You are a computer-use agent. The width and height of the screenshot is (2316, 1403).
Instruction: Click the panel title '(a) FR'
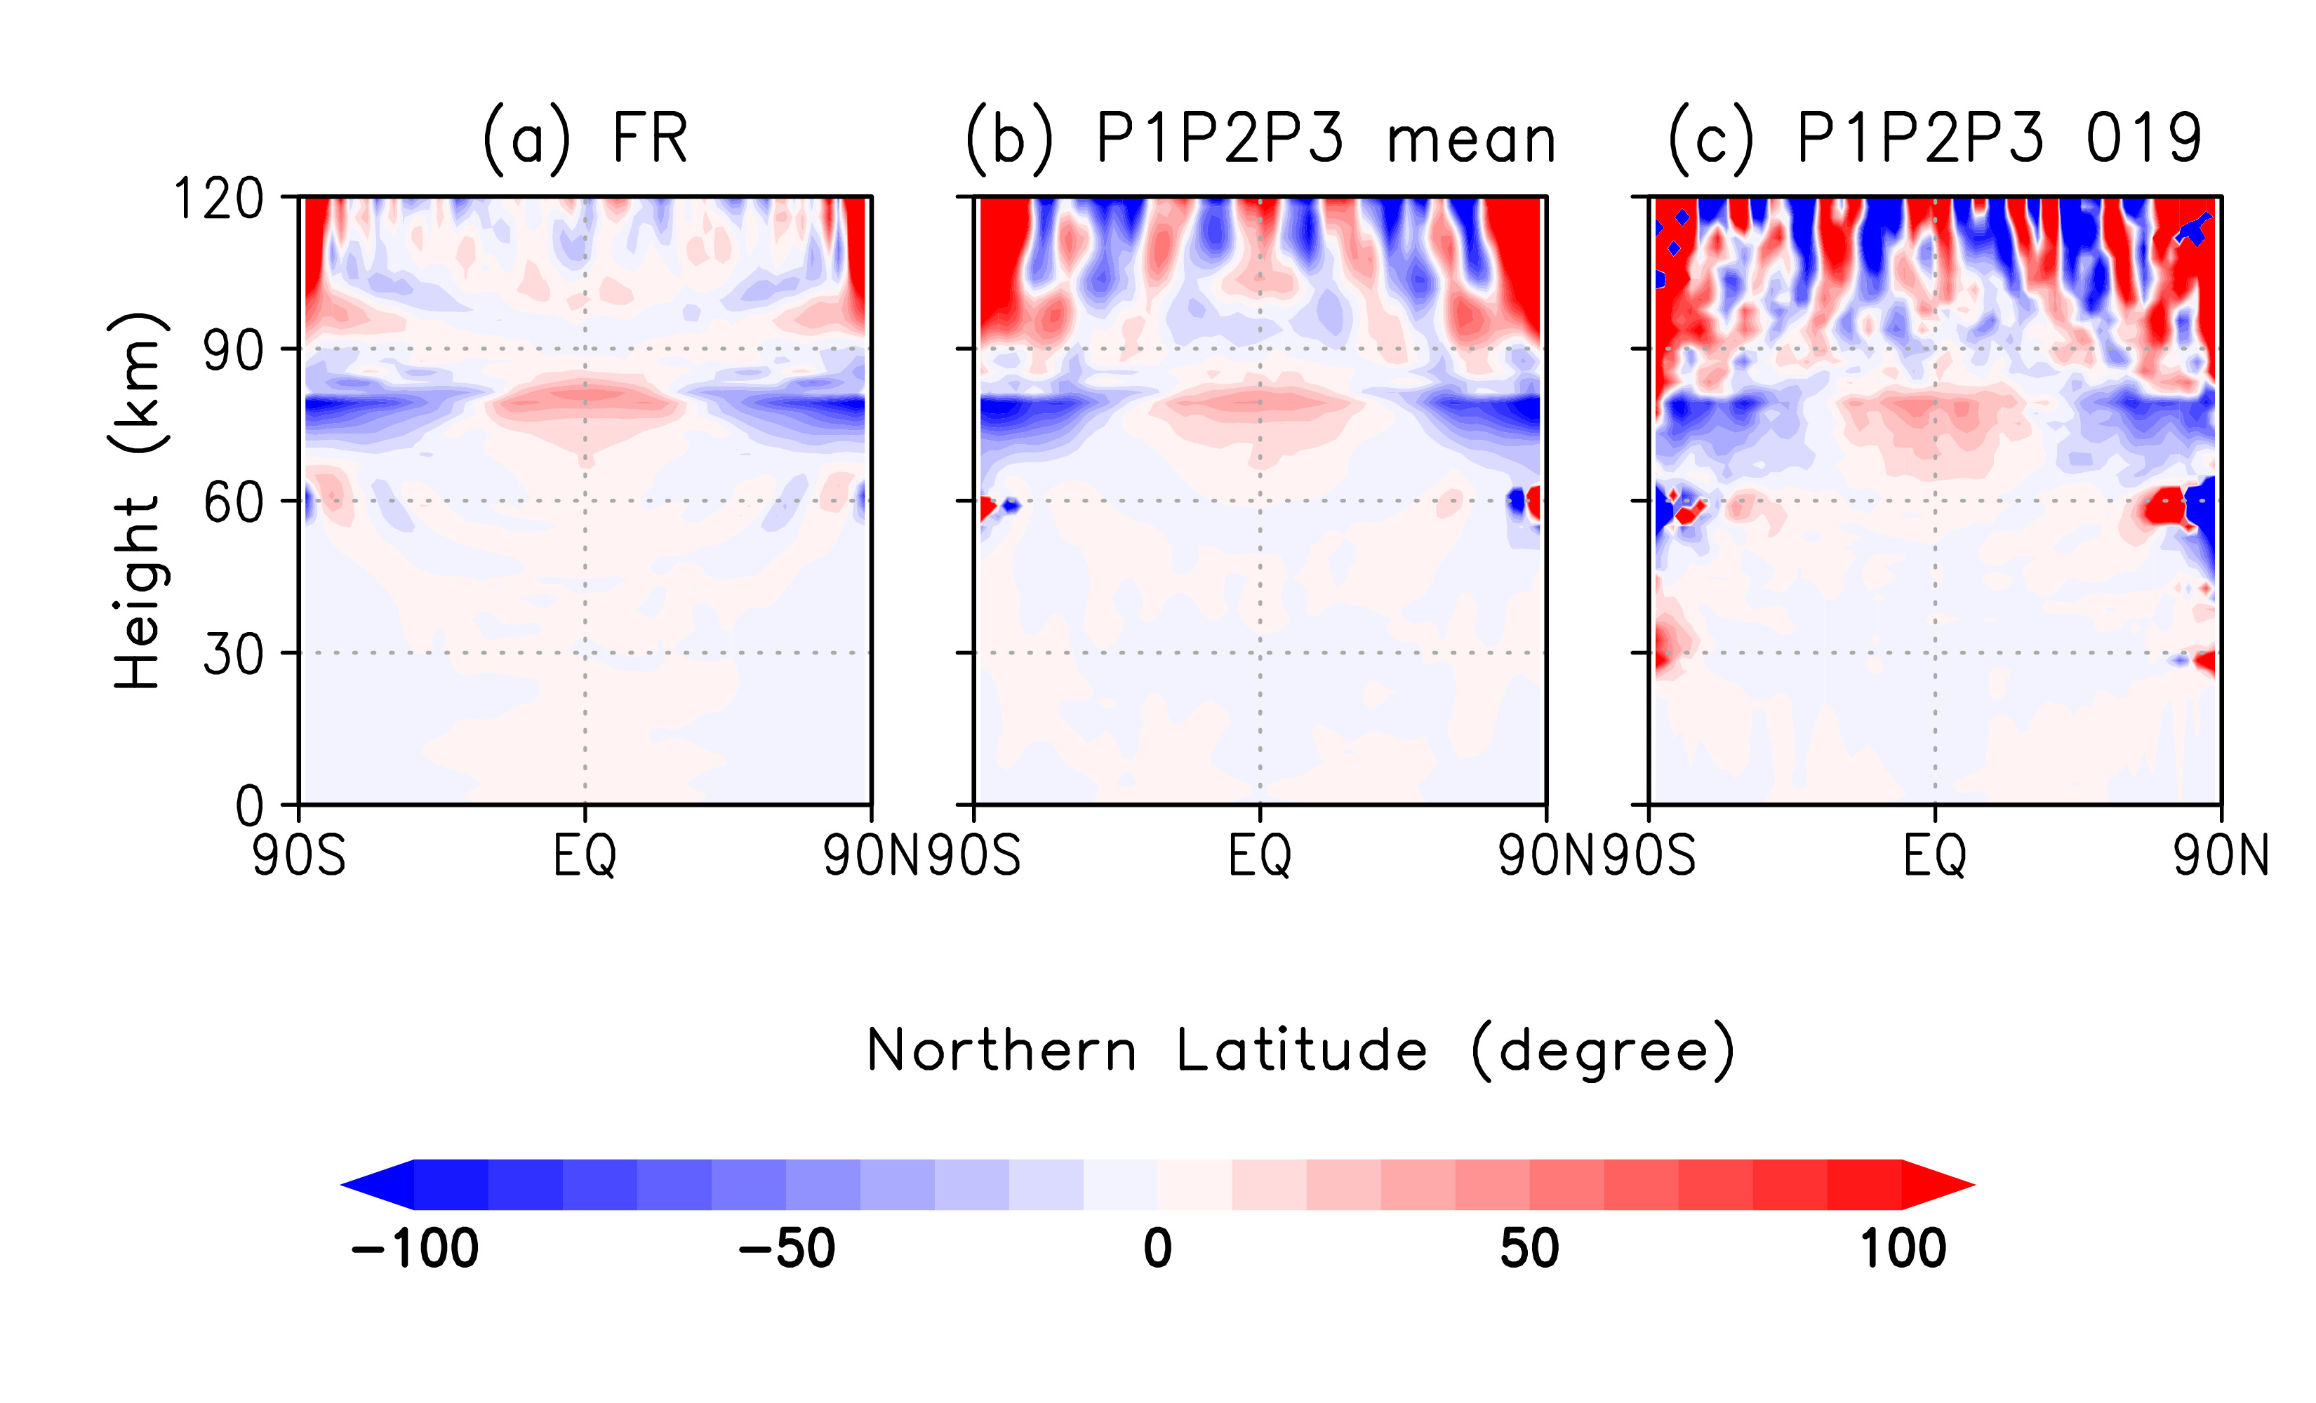tap(585, 139)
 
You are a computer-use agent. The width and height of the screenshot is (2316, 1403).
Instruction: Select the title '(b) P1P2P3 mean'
tap(1260, 139)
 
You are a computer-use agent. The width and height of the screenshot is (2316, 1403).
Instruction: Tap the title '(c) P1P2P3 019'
tap(1934, 139)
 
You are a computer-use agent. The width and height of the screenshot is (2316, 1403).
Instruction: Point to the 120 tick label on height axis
tap(218, 199)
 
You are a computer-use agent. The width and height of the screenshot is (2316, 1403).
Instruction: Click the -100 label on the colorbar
tap(415, 1249)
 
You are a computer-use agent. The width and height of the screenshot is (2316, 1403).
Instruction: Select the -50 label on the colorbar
tap(786, 1249)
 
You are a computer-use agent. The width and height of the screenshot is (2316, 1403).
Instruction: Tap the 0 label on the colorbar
tap(1158, 1249)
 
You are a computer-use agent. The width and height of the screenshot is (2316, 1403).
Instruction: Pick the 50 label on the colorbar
tap(1529, 1249)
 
